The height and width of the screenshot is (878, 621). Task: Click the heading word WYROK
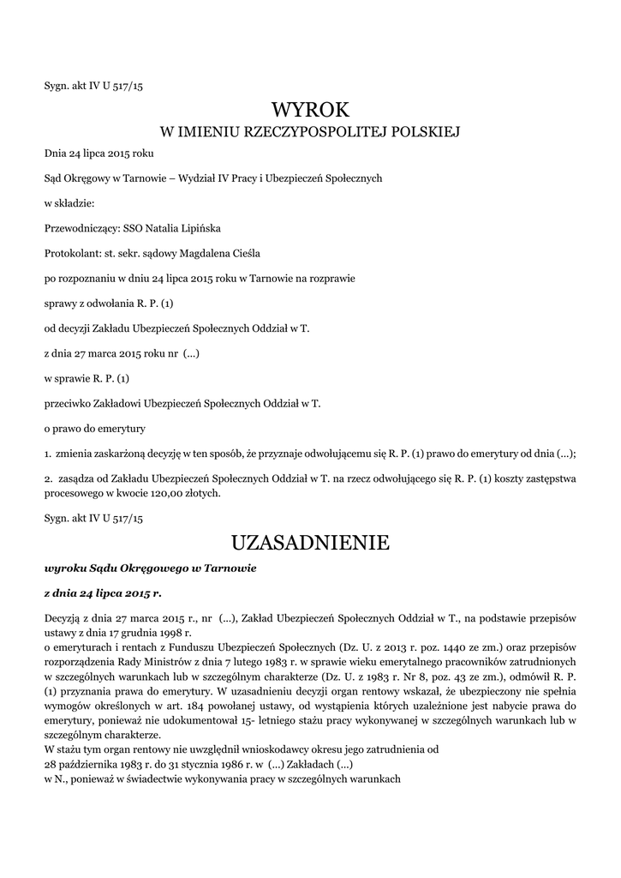310,110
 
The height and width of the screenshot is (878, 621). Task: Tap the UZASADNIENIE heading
310,543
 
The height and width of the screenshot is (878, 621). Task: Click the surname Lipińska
198,229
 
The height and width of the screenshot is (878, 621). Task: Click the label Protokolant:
72,254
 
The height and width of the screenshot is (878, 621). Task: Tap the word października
94,764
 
